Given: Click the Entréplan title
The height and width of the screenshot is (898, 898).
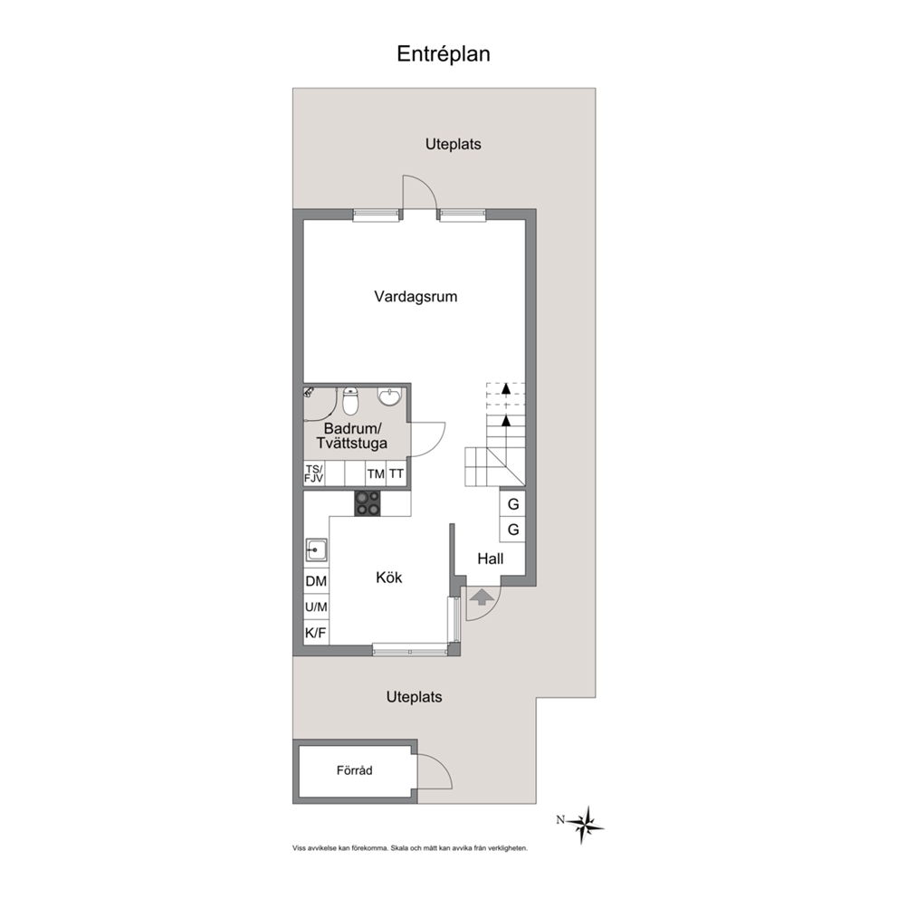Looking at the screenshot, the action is pos(444,53).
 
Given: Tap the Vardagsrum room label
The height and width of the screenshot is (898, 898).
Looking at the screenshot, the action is pos(416,297).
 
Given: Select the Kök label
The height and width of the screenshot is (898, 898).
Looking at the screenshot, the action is pos(389,578).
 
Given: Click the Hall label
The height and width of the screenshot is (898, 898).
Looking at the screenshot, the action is pos(491,559).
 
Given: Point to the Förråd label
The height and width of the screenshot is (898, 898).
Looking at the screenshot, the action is pos(355,770).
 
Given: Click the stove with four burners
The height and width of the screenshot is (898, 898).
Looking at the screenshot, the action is pos(368,503).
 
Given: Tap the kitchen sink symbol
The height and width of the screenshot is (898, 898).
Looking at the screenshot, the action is pos(316,549).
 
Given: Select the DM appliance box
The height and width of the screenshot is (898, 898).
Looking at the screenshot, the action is pos(316,581).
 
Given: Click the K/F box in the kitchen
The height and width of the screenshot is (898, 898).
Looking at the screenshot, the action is pos(316,633).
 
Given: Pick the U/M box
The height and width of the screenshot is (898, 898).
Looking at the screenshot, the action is pos(316,607).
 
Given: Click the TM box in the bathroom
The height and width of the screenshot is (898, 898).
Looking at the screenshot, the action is pos(376,473).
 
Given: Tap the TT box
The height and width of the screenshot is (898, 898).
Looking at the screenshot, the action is pos(396,473).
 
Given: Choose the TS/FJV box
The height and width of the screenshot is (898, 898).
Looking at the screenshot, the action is pos(314,473).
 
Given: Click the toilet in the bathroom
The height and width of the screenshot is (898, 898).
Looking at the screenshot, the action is pos(350,401).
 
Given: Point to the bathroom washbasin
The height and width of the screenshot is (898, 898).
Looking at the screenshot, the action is pos(389,396).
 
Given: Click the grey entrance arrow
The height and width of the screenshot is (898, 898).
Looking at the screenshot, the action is pos(482,597).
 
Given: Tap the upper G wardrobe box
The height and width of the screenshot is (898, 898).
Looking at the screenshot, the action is pos(512,504).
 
